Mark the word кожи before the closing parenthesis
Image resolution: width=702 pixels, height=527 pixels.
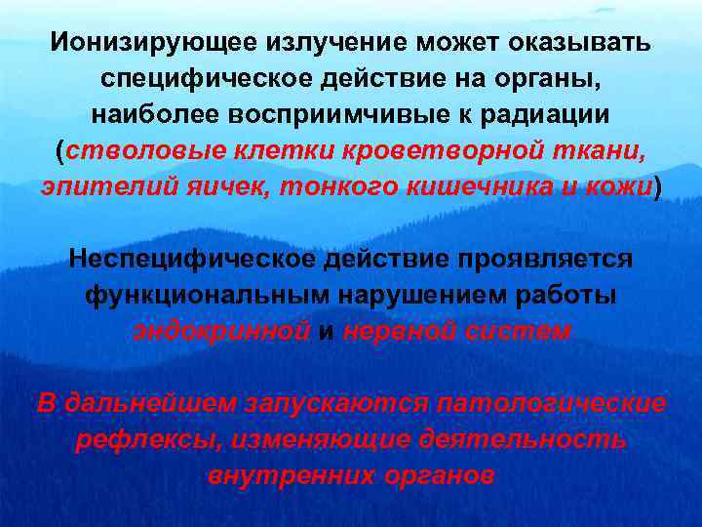tap(620, 186)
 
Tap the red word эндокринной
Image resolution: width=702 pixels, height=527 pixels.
tap(221, 330)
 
